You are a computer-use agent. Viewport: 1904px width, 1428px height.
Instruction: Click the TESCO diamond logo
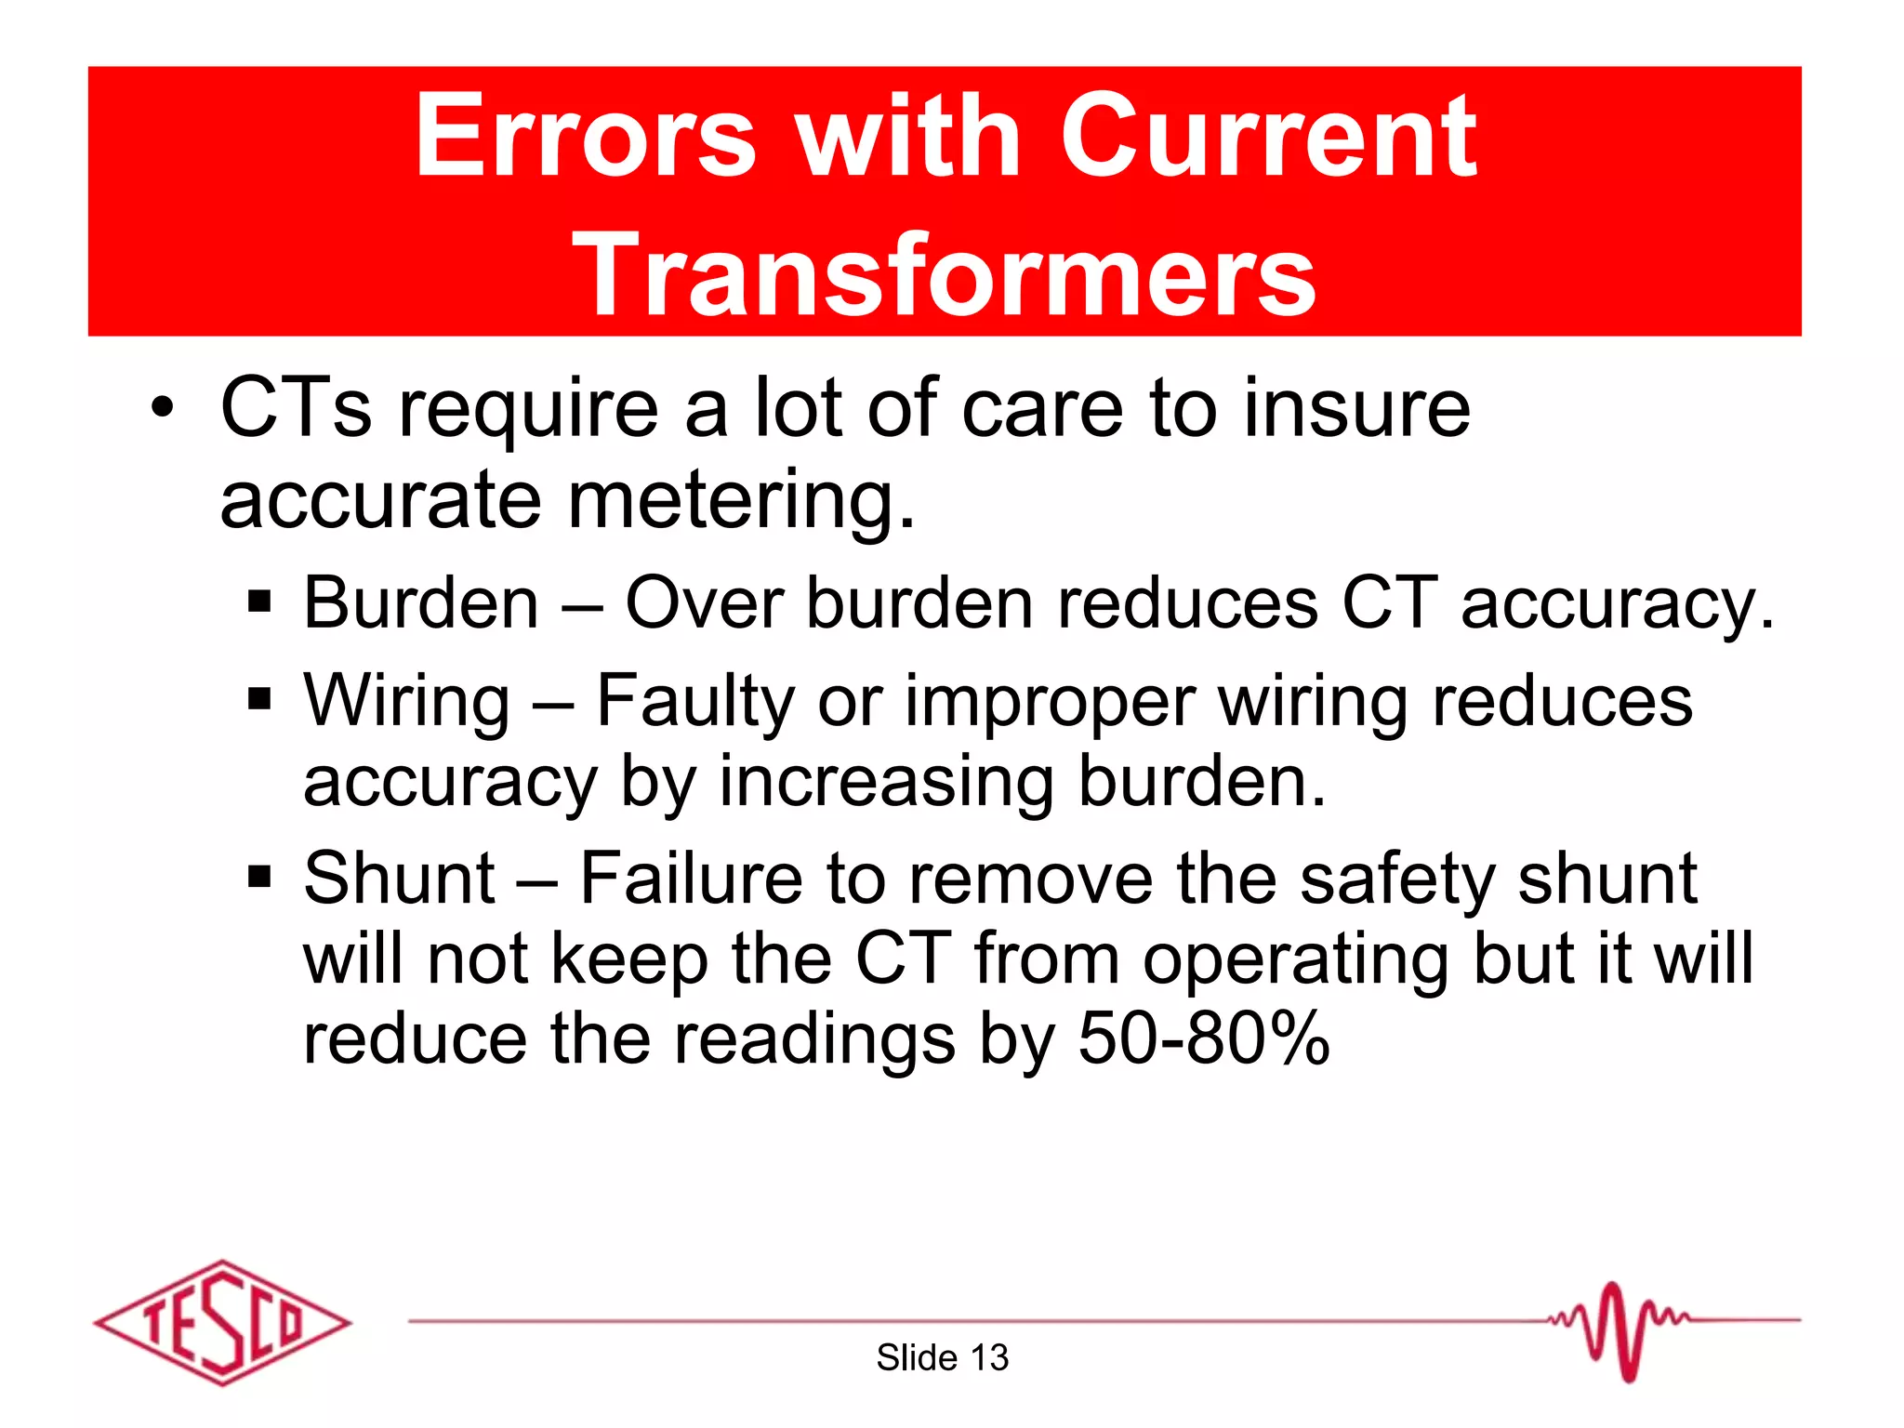[x=222, y=1322]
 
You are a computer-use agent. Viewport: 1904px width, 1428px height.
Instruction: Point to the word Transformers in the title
[x=944, y=274]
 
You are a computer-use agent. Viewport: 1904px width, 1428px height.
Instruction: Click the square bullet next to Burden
[x=259, y=602]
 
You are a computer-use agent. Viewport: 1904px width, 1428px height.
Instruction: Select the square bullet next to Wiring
[x=259, y=698]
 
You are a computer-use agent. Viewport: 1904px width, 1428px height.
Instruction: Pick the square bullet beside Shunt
[x=259, y=876]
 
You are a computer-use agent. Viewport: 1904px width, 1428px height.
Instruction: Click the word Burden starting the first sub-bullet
[x=421, y=602]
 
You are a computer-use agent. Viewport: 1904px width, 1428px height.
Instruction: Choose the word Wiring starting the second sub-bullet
[x=407, y=700]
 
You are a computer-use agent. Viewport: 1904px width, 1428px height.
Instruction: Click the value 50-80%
[x=1204, y=1038]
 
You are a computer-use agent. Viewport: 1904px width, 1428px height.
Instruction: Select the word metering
[x=741, y=500]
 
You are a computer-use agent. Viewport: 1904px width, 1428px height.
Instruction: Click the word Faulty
[x=694, y=700]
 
